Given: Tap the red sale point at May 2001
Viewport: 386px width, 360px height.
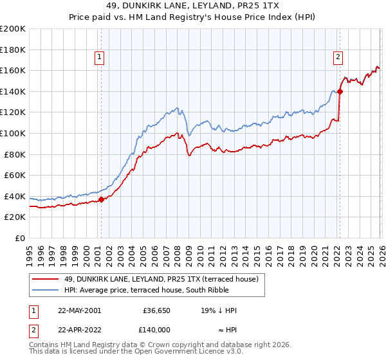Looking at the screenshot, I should tap(101, 199).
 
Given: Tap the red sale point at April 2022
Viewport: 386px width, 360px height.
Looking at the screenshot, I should tap(340, 91).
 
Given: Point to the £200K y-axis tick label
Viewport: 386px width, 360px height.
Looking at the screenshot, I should tap(13, 29).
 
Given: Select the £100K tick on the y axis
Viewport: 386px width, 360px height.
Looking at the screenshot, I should tap(13, 133).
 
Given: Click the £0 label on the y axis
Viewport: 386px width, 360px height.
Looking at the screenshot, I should tap(19, 238).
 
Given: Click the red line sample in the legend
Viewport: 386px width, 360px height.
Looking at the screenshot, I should tap(45, 279).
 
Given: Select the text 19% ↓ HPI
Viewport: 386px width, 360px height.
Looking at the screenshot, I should tap(219, 310).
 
